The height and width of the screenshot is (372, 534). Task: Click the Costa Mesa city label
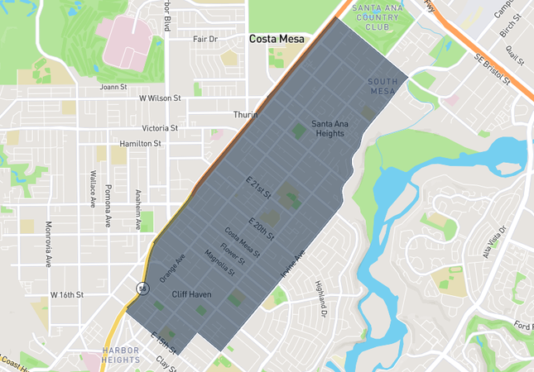point(277,39)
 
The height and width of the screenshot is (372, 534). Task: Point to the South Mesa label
point(383,86)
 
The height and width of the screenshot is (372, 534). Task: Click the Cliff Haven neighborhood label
point(192,294)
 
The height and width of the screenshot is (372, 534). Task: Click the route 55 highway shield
point(143,288)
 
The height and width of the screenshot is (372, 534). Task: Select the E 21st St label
point(259,188)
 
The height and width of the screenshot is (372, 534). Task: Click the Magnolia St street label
point(220,262)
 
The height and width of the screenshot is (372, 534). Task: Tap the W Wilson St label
point(160,98)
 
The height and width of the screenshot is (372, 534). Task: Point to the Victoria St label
point(160,128)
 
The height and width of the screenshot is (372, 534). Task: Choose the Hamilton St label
point(140,143)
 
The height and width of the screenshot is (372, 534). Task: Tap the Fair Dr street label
point(204,39)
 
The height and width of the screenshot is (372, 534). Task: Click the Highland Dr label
point(321,299)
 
